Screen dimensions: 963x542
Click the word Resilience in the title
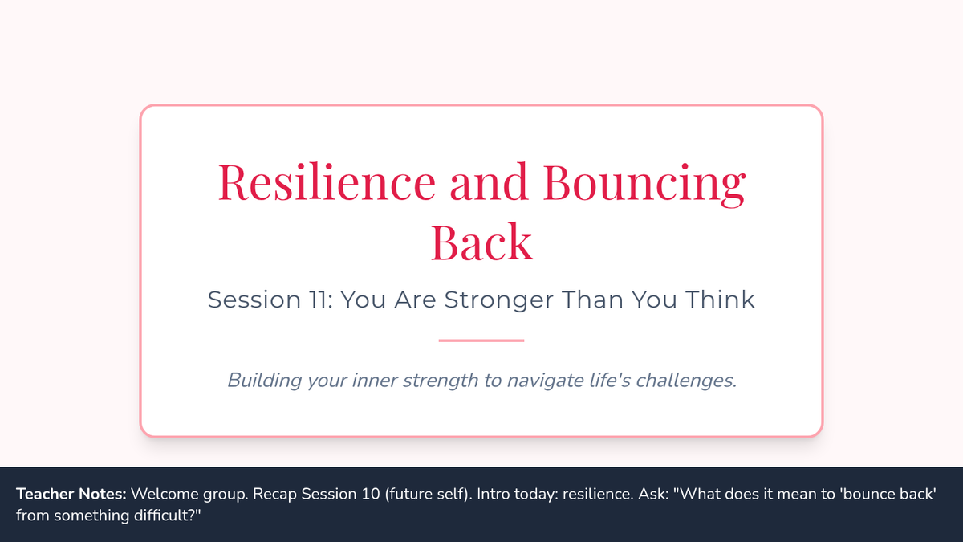click(x=327, y=181)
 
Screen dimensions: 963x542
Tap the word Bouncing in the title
click(x=644, y=184)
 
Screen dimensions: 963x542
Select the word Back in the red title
click(x=481, y=242)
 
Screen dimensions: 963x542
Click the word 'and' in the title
click(x=489, y=181)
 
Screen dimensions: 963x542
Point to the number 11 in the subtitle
click(x=318, y=300)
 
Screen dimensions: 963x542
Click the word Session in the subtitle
click(x=254, y=300)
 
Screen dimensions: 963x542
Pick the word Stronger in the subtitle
click(x=498, y=300)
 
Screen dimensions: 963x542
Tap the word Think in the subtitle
click(x=720, y=300)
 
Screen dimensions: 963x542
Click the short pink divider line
click(x=481, y=340)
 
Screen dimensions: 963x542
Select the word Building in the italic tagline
click(x=264, y=381)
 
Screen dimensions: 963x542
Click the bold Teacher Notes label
click(x=71, y=494)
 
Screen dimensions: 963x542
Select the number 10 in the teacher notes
click(x=371, y=494)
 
